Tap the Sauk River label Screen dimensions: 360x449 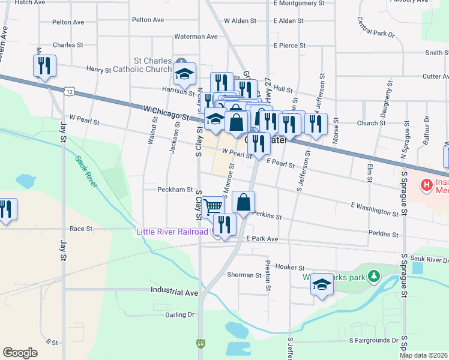pyautogui.click(x=86, y=172)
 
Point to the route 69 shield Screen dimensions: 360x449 pyautogui.click(x=200, y=344)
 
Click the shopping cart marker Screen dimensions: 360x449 pyautogui.click(x=212, y=207)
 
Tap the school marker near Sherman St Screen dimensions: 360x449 pyautogui.click(x=322, y=284)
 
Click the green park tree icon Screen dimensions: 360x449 pyautogui.click(x=375, y=276)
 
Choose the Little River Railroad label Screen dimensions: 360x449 pyautogui.click(x=174, y=232)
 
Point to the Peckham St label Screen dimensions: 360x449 pyautogui.click(x=174, y=190)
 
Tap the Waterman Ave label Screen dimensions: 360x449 pyautogui.click(x=196, y=37)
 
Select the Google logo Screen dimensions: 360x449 pyautogui.click(x=20, y=352)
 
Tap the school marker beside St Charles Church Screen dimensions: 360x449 pyautogui.click(x=184, y=74)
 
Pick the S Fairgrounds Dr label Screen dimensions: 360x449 pyautogui.click(x=374, y=340)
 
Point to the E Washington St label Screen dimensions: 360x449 pyautogui.click(x=375, y=209)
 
